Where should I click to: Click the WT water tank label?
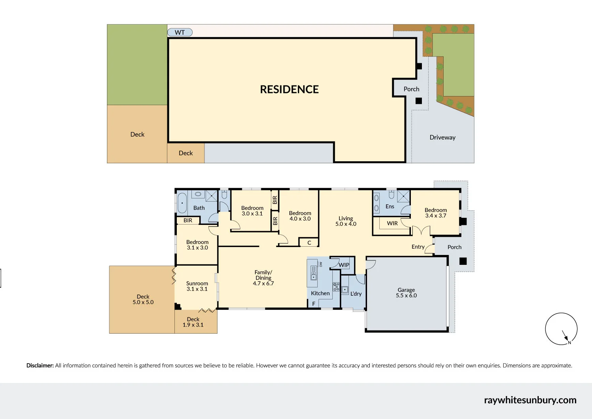click(x=180, y=32)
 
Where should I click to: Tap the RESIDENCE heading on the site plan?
click(x=289, y=89)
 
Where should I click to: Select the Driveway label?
click(x=442, y=138)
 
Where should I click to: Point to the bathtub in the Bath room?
click(x=182, y=203)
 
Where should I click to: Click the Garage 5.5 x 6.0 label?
click(x=406, y=293)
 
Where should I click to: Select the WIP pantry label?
click(x=344, y=265)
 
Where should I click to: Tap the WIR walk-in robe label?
click(x=392, y=223)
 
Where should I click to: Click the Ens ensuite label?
click(x=390, y=206)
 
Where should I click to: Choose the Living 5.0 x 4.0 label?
click(x=346, y=221)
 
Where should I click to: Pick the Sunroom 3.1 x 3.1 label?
click(x=197, y=286)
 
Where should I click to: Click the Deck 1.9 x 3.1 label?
click(x=193, y=322)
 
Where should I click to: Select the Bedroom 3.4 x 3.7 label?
click(x=436, y=213)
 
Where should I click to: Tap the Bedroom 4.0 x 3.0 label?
click(x=300, y=216)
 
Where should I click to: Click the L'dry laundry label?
click(x=356, y=294)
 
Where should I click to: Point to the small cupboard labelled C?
click(x=309, y=243)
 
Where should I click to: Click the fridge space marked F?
click(x=314, y=304)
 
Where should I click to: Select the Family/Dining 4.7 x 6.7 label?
click(x=263, y=277)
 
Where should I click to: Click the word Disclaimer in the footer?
click(x=40, y=366)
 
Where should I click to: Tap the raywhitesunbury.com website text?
click(x=530, y=400)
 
